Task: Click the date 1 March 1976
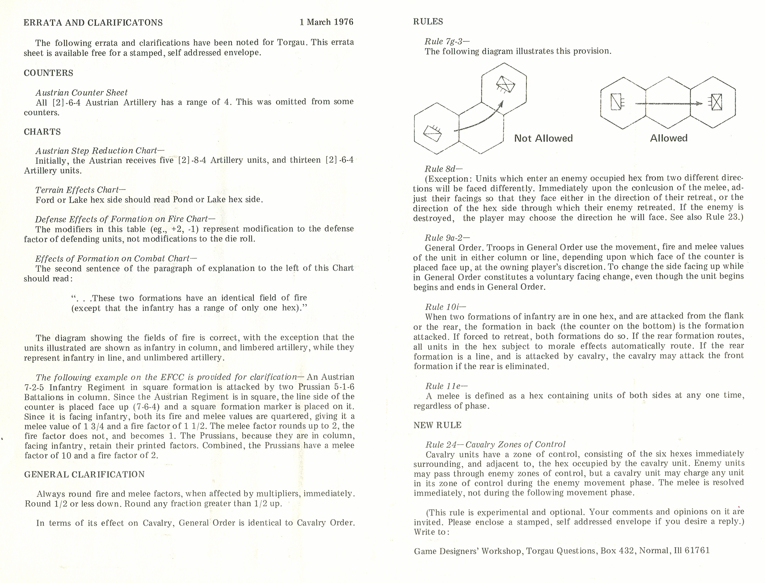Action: (x=326, y=22)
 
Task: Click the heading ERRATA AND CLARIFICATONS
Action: (x=93, y=23)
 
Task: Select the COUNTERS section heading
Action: (x=49, y=73)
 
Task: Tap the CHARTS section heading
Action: (x=42, y=132)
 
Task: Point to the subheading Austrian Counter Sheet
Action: (x=82, y=92)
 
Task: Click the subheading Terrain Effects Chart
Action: (x=80, y=189)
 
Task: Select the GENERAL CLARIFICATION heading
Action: (x=84, y=474)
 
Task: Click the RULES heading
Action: (x=428, y=22)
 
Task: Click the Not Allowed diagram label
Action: (x=543, y=138)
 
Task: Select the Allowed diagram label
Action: (x=669, y=138)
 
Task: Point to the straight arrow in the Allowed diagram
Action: (x=668, y=103)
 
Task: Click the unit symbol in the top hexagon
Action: (x=505, y=84)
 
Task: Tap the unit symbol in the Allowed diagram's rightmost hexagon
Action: (x=715, y=103)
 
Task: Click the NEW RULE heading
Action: (x=437, y=425)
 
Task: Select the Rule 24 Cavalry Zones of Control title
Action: (x=495, y=444)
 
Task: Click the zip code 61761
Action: (x=697, y=550)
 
